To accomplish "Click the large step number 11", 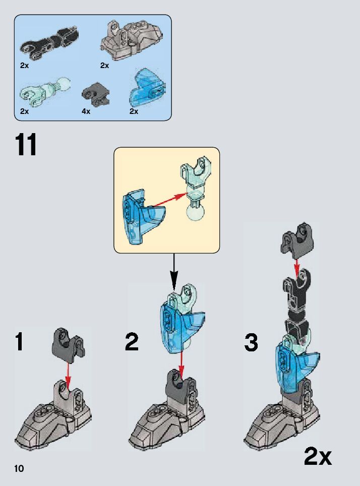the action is tap(26, 145).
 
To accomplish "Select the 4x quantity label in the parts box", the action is tap(86, 111).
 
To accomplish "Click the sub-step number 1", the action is tap(19, 342).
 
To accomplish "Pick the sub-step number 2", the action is tap(132, 342).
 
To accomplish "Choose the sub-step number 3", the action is tap(251, 343).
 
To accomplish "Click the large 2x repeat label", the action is tap(318, 457).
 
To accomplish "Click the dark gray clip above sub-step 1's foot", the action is tap(68, 342).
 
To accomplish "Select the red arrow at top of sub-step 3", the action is tap(297, 265).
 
